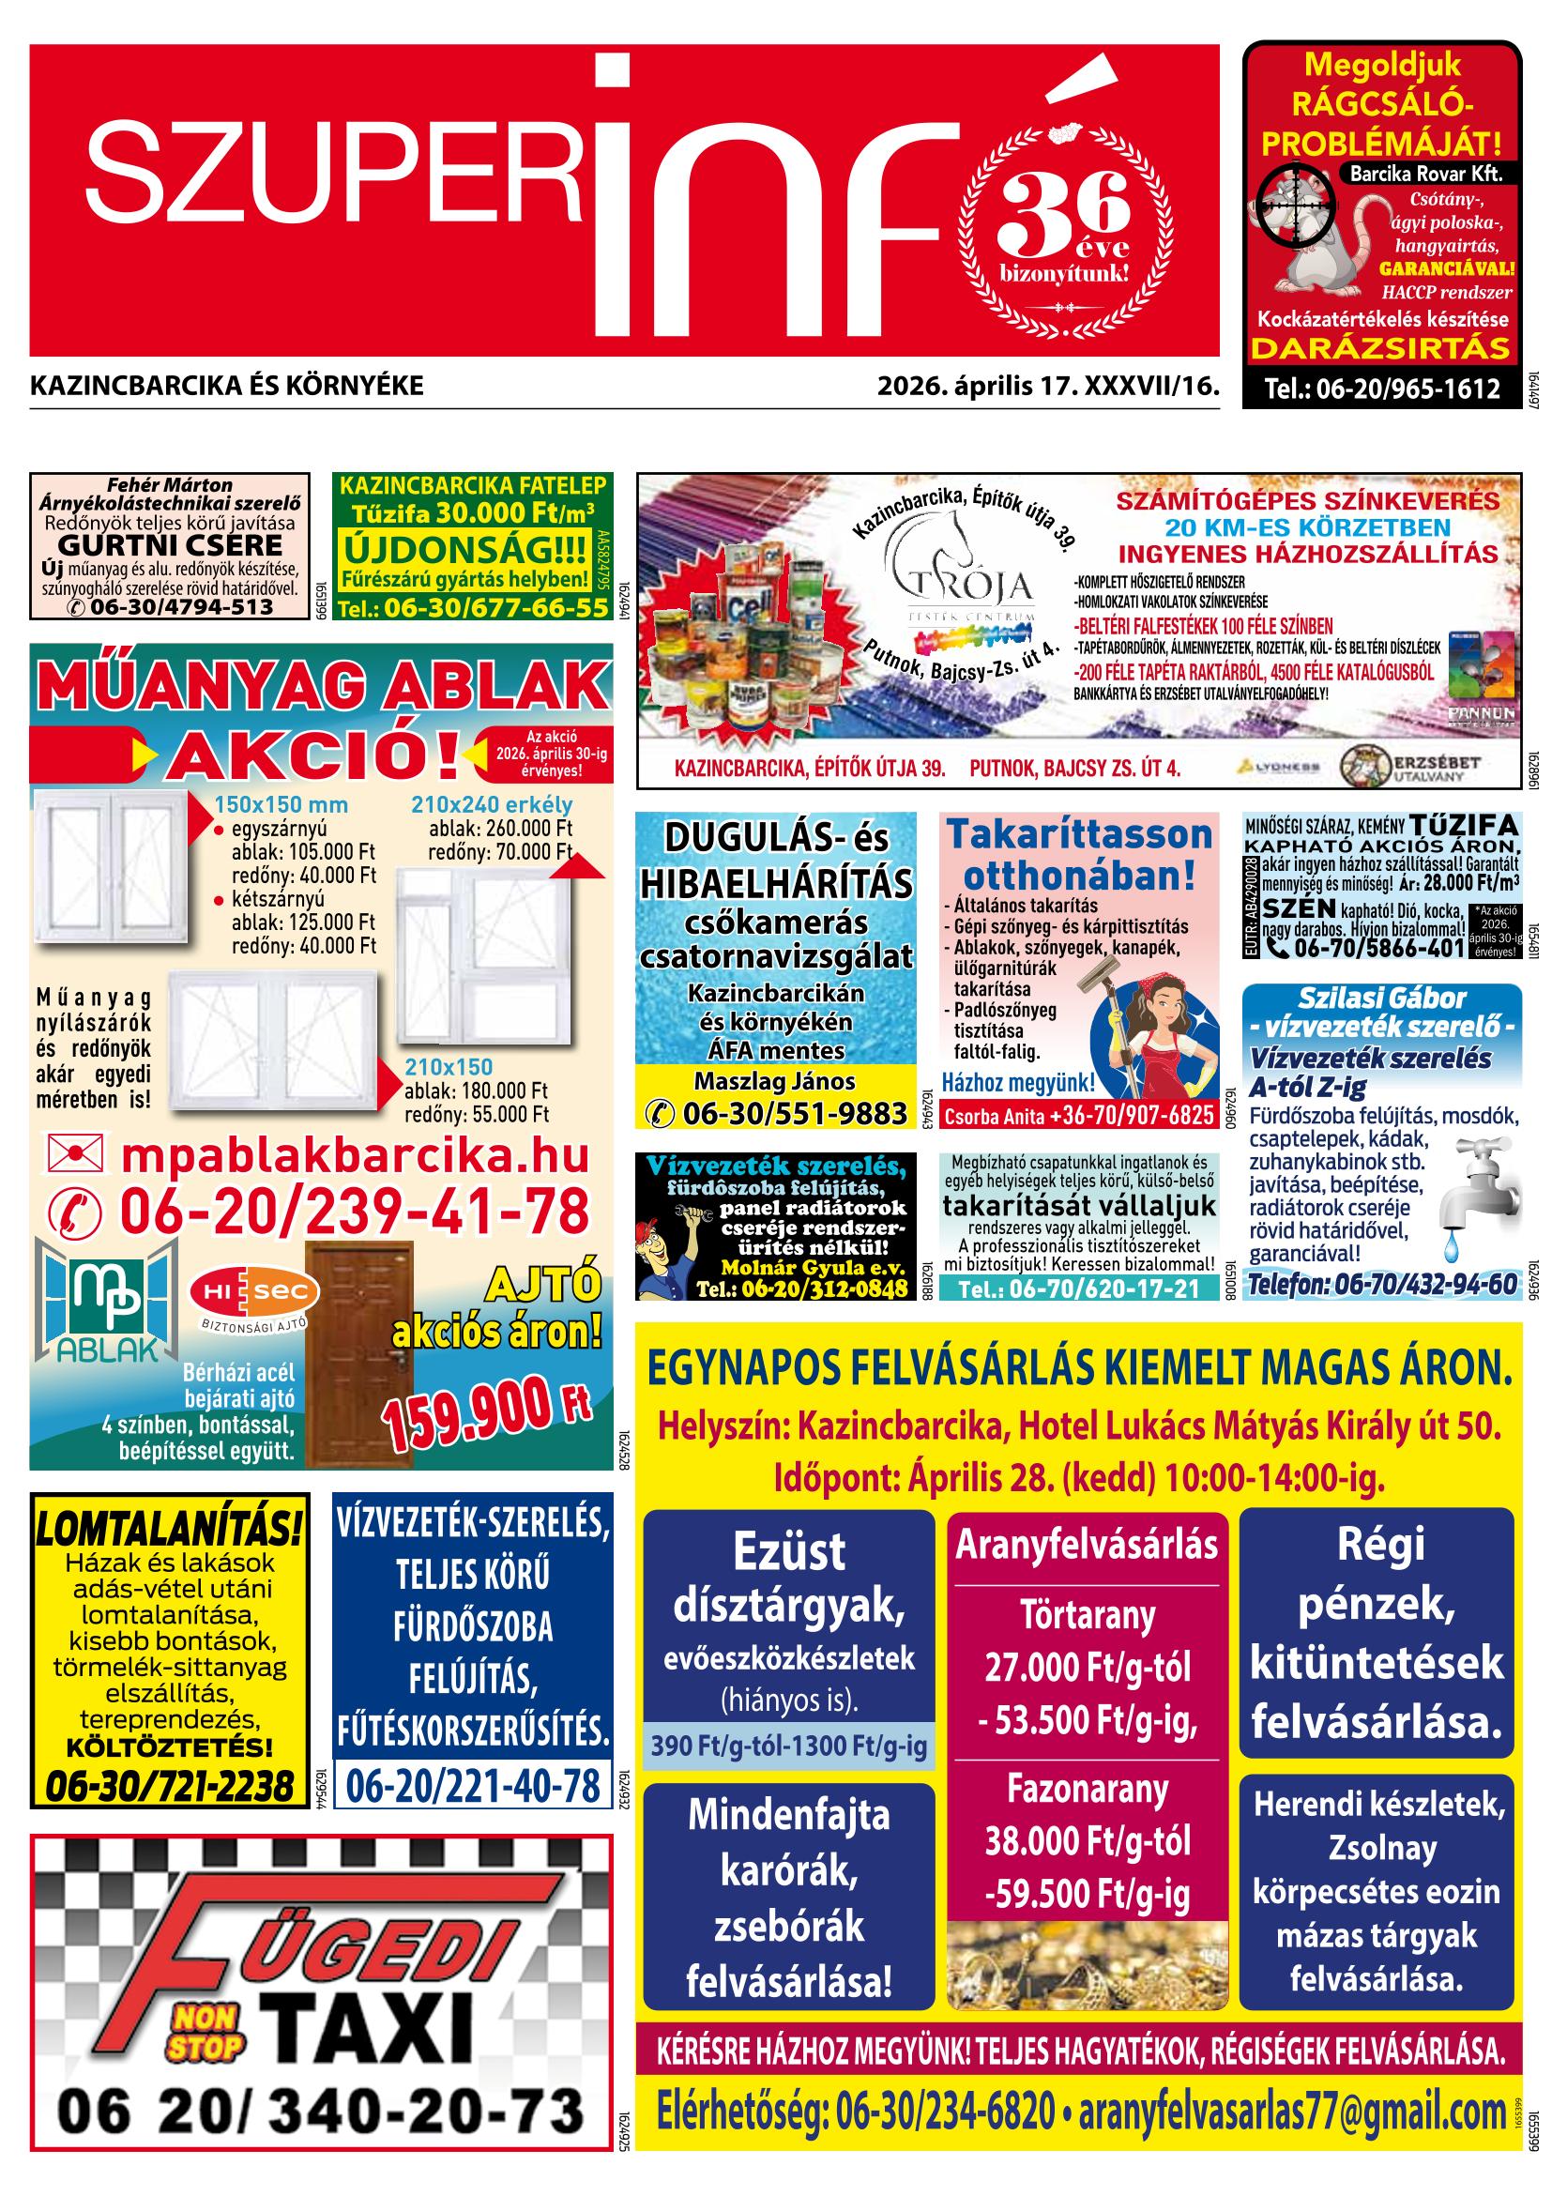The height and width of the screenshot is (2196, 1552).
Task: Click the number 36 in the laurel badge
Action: pos(1063,207)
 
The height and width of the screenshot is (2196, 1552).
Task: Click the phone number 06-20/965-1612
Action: pos(1382,389)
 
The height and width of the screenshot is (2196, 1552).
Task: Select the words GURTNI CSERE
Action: pos(170,545)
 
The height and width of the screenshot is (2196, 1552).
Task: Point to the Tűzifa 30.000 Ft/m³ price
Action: pos(472,511)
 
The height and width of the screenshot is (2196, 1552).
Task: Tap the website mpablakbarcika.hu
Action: pos(354,1156)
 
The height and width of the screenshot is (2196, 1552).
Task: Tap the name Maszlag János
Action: pos(774,1082)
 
